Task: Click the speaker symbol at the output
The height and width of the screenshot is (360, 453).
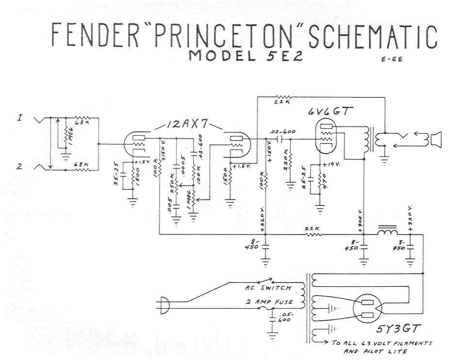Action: coord(434,140)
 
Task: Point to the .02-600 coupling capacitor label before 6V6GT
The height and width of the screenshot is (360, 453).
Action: coord(281,131)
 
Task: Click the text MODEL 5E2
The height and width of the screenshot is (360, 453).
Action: coord(245,56)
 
